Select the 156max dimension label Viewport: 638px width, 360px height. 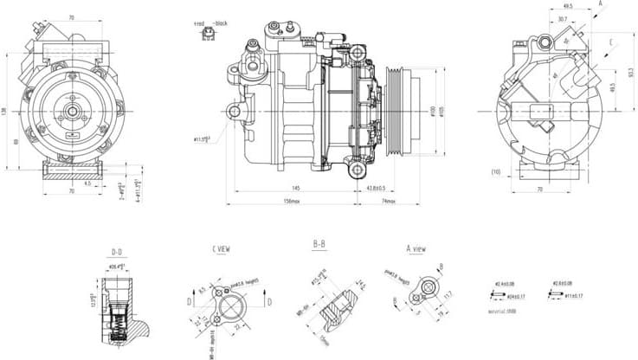[291, 202]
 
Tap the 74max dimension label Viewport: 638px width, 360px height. [389, 202]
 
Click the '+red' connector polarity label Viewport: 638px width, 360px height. [199, 23]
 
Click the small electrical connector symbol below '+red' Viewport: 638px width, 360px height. [209, 35]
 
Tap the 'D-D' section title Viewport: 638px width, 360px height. [117, 253]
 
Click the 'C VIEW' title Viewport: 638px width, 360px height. [221, 250]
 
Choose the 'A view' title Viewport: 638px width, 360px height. [416, 249]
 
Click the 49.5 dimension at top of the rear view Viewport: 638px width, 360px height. [566, 5]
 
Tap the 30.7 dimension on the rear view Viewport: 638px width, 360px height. [562, 19]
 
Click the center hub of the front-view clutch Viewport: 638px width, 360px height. [69, 111]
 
